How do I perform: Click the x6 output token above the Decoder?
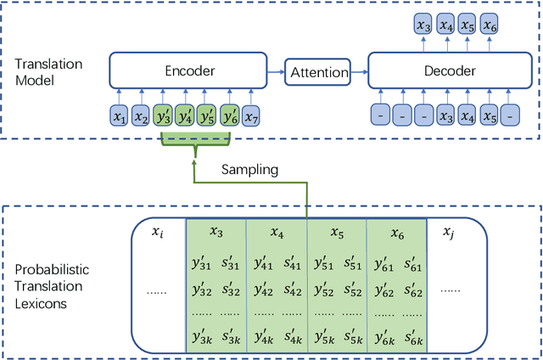point(490,27)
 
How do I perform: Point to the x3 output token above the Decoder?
point(423,27)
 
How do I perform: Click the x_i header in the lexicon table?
point(156,232)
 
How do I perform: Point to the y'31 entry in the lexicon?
point(202,264)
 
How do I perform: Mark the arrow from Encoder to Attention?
point(274,72)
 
